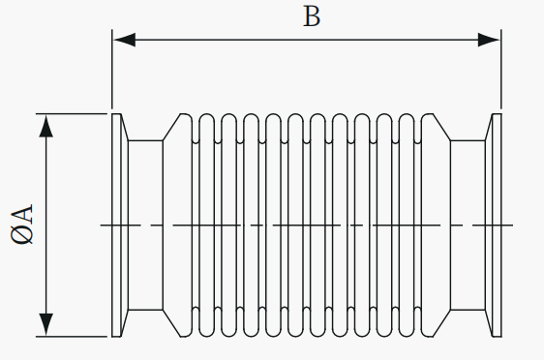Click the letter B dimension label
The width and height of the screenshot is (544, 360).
(x=312, y=16)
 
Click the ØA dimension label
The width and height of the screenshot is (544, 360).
(x=22, y=225)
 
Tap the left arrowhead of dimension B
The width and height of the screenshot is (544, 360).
(x=125, y=40)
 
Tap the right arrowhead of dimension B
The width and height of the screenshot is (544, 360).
(x=489, y=40)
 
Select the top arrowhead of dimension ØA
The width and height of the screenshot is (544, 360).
(x=46, y=126)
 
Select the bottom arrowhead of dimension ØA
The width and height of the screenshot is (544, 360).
(x=46, y=324)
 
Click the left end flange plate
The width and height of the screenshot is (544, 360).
(x=116, y=225)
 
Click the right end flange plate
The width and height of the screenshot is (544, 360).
(x=497, y=225)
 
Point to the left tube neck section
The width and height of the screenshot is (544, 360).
(x=145, y=225)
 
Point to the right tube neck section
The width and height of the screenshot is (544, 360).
(x=468, y=225)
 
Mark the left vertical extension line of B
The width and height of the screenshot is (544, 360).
(x=112, y=69)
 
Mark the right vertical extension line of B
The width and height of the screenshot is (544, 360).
(x=501, y=69)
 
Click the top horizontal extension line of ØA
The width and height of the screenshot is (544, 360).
(x=72, y=114)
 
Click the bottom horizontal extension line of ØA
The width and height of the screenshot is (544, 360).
(x=72, y=337)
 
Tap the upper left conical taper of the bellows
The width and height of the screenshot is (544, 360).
(x=171, y=127)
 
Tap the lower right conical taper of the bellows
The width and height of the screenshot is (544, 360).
(x=441, y=323)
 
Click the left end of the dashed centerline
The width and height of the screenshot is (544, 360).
(x=101, y=225)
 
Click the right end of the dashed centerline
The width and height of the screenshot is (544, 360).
(x=512, y=225)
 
